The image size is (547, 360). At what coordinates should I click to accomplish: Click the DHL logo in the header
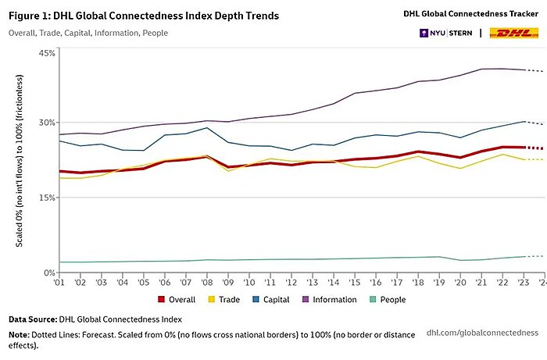[x=513, y=33]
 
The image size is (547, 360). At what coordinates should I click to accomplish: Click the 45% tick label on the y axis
[x=46, y=52]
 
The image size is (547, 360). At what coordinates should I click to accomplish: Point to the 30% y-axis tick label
[x=46, y=123]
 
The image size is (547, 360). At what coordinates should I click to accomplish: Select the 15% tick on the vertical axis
[x=46, y=198]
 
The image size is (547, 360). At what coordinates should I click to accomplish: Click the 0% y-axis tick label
[x=48, y=273]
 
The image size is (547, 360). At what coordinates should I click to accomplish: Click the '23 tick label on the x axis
[x=520, y=283]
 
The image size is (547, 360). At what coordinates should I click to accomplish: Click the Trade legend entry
[x=225, y=299]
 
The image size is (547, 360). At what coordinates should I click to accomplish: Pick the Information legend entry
[x=331, y=299]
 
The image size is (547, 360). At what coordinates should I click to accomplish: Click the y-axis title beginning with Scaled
[x=20, y=162]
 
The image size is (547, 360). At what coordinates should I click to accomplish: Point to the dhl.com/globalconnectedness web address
[x=482, y=332]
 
